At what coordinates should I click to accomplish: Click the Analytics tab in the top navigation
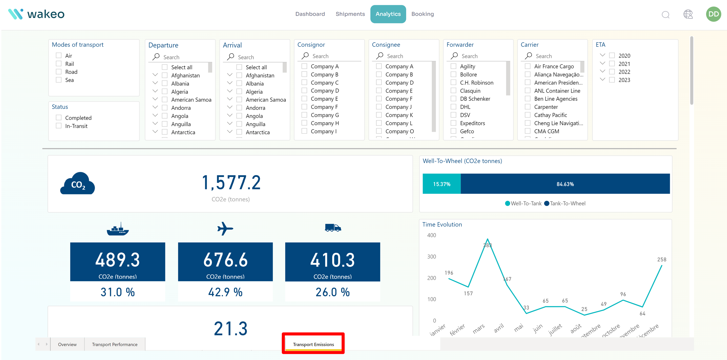pos(388,14)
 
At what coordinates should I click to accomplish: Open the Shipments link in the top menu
pos(350,14)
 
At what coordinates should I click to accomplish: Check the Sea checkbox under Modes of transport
pos(59,80)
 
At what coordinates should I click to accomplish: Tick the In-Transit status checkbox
pos(59,126)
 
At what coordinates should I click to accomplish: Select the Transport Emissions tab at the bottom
pos(313,344)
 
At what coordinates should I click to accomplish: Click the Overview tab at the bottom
pos(67,344)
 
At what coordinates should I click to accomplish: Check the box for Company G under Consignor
pos(304,115)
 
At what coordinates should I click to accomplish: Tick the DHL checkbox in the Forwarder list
pos(453,107)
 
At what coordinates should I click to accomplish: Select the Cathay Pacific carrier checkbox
pos(528,115)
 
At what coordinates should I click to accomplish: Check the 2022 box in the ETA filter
pos(612,72)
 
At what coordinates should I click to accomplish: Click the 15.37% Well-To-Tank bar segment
pos(441,184)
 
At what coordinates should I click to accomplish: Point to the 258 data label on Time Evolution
pos(661,259)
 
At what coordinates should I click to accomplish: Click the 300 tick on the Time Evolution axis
pos(431,256)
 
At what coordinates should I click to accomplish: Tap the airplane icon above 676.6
pos(225,228)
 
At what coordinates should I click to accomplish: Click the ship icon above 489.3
pos(118,229)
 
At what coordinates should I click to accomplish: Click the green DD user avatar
pos(713,14)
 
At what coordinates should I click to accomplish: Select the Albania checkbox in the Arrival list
pos(239,84)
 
